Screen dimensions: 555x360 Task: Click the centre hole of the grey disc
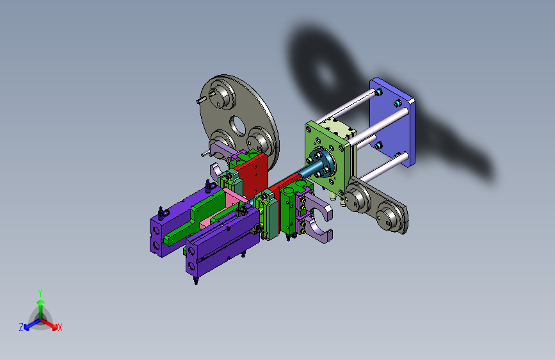click(x=238, y=126)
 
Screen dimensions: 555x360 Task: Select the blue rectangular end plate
click(x=392, y=122)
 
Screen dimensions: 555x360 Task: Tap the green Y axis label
click(x=40, y=293)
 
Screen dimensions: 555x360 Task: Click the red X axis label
click(x=60, y=327)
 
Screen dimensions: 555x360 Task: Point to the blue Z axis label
click(x=21, y=327)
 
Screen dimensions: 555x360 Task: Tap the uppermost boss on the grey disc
click(x=222, y=94)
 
